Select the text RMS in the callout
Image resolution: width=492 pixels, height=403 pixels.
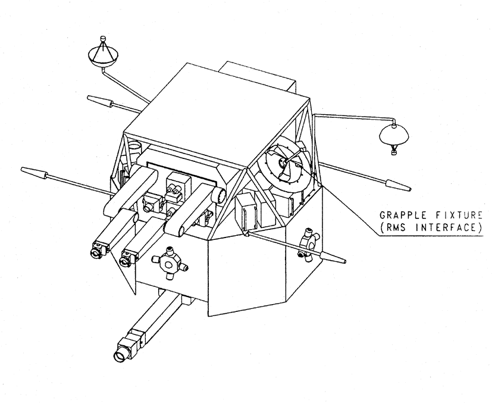(396, 227)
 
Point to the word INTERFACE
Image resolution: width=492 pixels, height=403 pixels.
(447, 227)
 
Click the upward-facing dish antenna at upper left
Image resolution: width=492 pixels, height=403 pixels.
(104, 57)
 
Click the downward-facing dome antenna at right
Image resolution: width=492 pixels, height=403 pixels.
(394, 135)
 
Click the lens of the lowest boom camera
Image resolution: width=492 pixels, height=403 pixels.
(120, 356)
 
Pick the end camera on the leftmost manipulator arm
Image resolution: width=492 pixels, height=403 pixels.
(98, 251)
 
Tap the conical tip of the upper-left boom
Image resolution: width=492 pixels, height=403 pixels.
(99, 101)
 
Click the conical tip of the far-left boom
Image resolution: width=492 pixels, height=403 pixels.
(33, 173)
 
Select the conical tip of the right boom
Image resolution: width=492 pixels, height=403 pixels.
(398, 186)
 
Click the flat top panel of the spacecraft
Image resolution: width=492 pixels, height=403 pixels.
(217, 114)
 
